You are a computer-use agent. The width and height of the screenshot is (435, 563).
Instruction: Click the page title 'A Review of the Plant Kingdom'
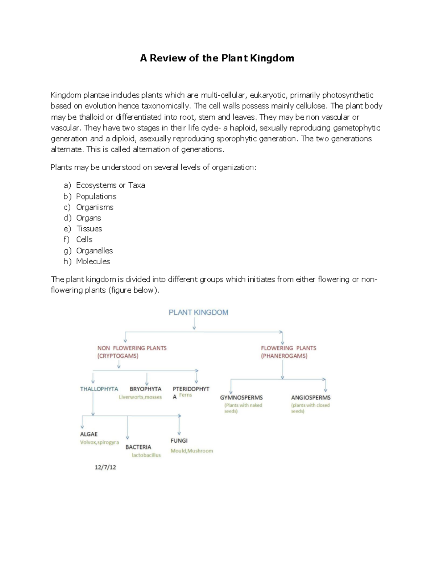pos(217,58)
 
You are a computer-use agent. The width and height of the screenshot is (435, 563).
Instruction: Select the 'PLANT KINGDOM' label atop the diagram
pos(198,312)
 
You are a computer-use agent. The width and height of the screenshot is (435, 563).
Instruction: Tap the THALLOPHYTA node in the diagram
pos(99,389)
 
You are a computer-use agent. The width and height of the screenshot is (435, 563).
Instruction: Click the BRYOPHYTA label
pos(145,389)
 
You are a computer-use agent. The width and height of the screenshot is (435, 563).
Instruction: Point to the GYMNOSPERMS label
pos(241,398)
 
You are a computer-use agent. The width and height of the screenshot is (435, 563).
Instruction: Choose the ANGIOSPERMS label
pos(311,398)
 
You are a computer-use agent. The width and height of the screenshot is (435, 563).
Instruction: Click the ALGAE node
pos(89,434)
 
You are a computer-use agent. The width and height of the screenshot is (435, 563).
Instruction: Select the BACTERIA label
pos(138,447)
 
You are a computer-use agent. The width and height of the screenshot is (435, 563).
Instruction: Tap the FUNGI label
pos(179,440)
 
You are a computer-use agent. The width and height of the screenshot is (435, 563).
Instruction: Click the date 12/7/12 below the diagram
pos(105,467)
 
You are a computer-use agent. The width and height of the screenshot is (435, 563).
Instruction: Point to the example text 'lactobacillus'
pos(146,455)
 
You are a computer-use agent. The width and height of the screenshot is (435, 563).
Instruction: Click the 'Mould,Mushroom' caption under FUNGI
pos(192,451)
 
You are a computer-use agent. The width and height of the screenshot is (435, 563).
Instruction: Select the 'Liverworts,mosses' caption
pos(140,397)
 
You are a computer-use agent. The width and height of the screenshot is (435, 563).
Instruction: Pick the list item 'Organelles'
pos(94,251)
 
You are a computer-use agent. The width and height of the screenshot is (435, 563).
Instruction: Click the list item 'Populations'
pos(96,196)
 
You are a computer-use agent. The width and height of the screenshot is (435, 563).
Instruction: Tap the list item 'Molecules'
pos(93,261)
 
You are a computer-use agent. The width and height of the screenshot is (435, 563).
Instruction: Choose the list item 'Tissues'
pos(89,229)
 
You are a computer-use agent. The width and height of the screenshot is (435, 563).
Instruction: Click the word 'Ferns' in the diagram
pos(186,395)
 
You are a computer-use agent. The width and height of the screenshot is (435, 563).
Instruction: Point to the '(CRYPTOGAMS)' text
pos(117,356)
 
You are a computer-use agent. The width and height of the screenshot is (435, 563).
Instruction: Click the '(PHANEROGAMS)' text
pos(284,356)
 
